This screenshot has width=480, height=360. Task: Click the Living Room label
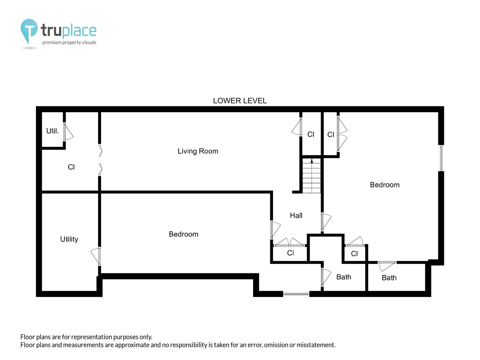[198, 151]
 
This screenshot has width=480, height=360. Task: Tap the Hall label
[296, 216]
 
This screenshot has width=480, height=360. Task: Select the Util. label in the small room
[52, 131]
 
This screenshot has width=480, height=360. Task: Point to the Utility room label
[69, 239]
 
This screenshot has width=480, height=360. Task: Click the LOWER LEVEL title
[240, 101]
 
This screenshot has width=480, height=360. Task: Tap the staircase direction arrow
[312, 161]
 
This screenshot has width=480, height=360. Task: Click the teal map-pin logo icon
[29, 31]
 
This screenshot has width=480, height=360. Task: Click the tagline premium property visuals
[69, 42]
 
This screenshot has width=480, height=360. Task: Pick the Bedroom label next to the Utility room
[183, 234]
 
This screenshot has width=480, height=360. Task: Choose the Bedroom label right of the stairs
[385, 185]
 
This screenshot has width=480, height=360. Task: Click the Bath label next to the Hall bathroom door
[344, 277]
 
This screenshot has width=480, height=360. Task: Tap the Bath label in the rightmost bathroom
[389, 278]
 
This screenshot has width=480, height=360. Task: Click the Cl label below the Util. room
[71, 167]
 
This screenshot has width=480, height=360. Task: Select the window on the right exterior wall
[441, 158]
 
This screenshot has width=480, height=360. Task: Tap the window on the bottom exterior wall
[296, 294]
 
